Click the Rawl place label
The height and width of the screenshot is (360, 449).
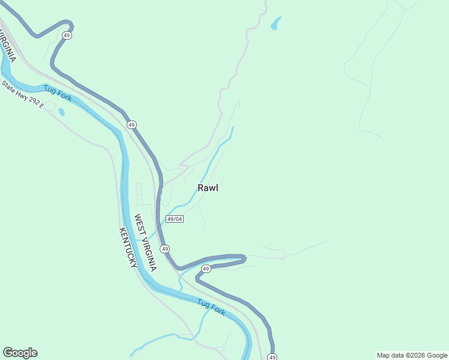point(208,188)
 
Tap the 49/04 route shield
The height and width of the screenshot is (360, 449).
point(175,219)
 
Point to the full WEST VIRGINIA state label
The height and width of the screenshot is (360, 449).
point(145,243)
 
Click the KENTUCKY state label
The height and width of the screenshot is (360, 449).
point(128,248)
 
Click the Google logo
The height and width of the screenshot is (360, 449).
point(20,353)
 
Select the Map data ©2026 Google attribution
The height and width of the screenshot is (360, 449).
point(412,355)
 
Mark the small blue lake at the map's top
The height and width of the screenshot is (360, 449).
point(276,23)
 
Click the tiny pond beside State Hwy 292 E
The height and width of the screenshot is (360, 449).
point(61,112)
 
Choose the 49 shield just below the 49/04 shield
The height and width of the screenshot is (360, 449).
point(164,248)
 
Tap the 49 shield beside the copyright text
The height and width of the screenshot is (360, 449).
point(272,358)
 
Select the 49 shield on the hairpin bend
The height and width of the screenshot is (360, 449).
point(206,269)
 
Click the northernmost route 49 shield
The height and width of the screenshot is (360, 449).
point(67,36)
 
